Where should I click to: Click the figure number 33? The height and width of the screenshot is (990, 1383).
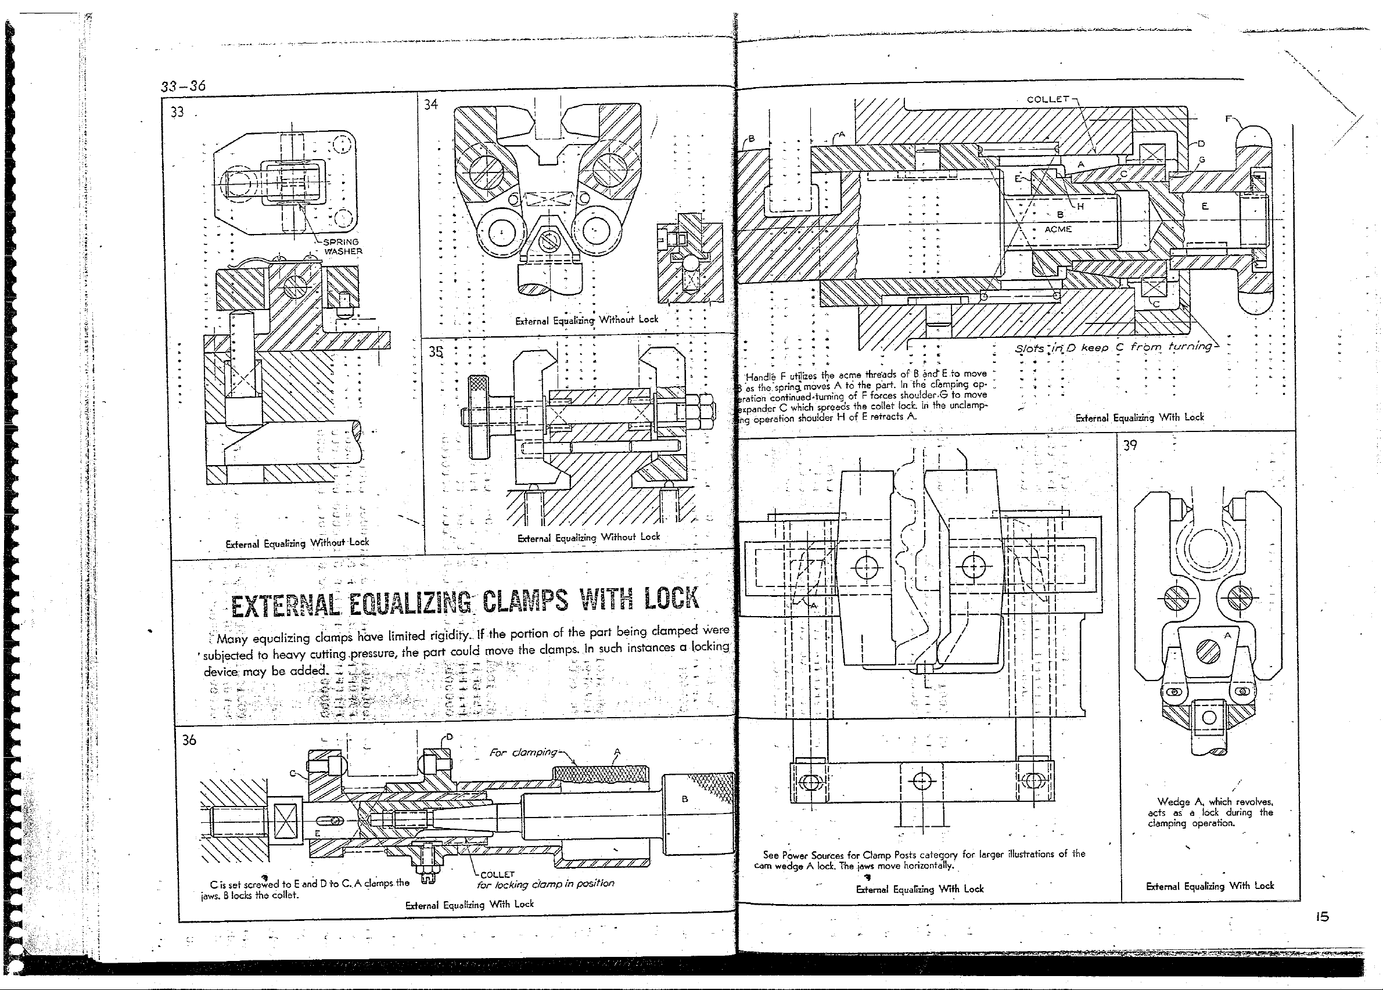[x=177, y=112]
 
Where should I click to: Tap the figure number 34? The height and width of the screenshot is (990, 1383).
[x=431, y=105]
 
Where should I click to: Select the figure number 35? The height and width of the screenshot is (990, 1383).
[x=436, y=352]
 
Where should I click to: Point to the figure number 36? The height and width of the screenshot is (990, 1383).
[x=189, y=740]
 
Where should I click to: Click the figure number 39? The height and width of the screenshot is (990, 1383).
[x=1130, y=445]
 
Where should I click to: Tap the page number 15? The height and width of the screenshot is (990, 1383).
[x=1321, y=917]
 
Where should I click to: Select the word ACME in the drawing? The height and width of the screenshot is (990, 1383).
[x=1058, y=229]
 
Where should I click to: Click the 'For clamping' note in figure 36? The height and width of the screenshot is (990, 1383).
[x=523, y=753]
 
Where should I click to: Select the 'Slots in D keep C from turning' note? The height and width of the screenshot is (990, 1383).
[x=1113, y=347]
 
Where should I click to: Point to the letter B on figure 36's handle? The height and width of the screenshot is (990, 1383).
[x=685, y=798]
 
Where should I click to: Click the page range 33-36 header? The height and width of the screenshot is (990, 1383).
[x=183, y=85]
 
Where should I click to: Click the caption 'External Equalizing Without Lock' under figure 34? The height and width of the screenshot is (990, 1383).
[x=587, y=320]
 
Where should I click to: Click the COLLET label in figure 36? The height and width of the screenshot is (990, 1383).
[x=497, y=874]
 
